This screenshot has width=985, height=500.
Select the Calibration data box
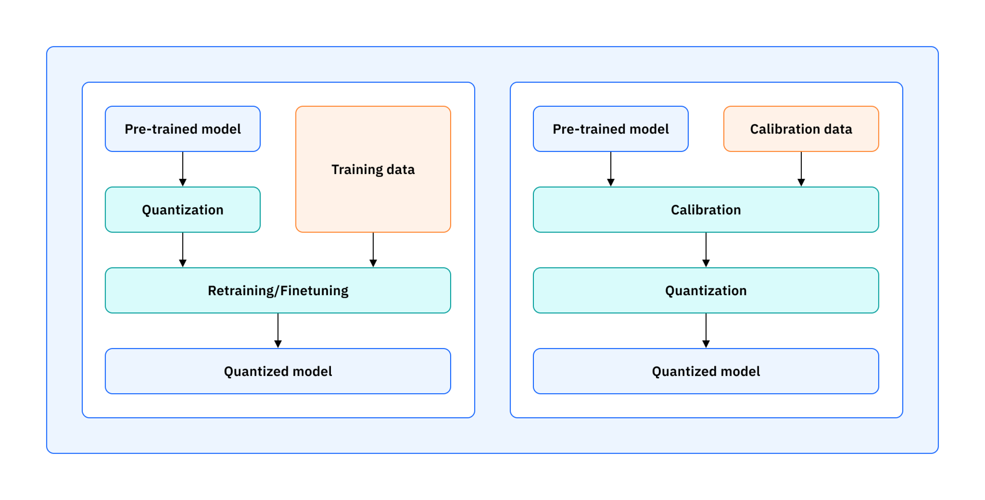(x=801, y=129)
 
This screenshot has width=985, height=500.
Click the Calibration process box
(x=706, y=209)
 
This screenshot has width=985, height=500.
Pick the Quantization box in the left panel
(x=183, y=209)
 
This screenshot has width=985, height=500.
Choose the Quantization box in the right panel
(x=706, y=291)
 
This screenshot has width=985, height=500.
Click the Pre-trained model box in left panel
(x=183, y=129)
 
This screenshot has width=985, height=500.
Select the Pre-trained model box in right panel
(x=610, y=129)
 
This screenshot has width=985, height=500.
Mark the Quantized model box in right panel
(x=706, y=371)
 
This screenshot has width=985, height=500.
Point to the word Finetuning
(x=314, y=291)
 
